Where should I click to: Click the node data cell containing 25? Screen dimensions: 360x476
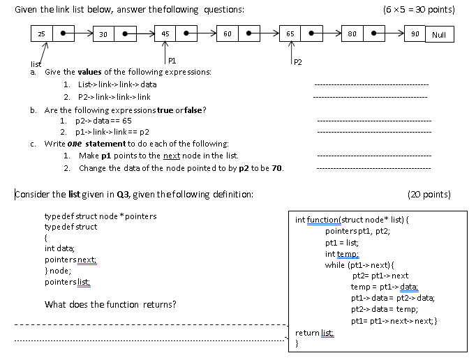pyautogui.click(x=41, y=33)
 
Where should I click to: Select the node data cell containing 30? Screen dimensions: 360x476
pyautogui.click(x=104, y=33)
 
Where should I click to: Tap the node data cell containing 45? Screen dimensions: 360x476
pyautogui.click(x=165, y=33)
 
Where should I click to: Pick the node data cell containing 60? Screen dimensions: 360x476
pyautogui.click(x=228, y=33)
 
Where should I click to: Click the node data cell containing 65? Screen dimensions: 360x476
pyautogui.click(x=290, y=33)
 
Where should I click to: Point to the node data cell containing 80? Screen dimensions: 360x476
pyautogui.click(x=352, y=33)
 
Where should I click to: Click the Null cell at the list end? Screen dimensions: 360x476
pyautogui.click(x=439, y=33)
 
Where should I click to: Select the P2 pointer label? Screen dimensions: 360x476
pyautogui.click(x=297, y=62)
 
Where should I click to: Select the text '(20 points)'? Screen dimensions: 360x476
pyautogui.click(x=429, y=194)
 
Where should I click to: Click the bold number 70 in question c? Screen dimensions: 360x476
pyautogui.click(x=277, y=168)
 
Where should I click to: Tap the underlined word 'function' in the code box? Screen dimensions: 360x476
pyautogui.click(x=322, y=220)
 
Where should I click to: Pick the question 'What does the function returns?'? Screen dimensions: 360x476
pyautogui.click(x=110, y=304)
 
